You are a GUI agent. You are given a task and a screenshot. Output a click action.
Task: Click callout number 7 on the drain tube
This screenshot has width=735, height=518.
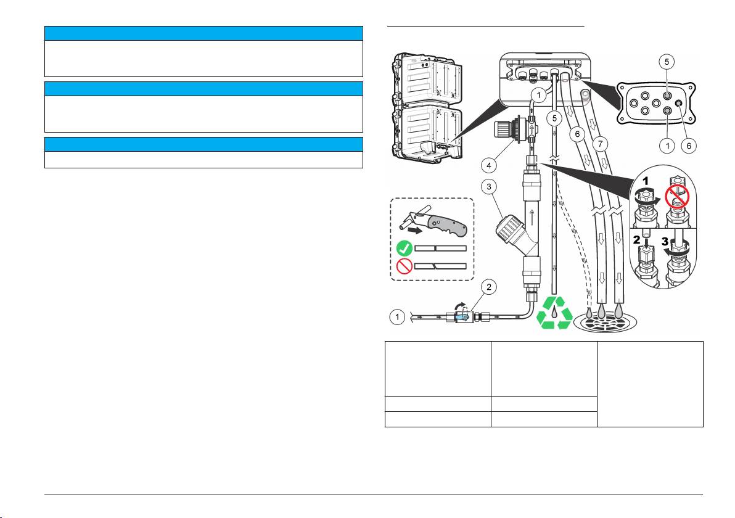point(601,144)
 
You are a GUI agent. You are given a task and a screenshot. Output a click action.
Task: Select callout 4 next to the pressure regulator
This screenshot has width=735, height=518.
point(489,165)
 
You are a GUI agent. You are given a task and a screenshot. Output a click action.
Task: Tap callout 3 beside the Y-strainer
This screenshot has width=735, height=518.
point(489,187)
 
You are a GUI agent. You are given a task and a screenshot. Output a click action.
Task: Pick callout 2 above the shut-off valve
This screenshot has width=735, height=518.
point(489,287)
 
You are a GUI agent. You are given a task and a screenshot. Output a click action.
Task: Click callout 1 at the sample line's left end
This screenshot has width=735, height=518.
point(398,317)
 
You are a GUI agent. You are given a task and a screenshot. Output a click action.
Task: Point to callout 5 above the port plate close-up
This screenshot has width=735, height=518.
point(667,62)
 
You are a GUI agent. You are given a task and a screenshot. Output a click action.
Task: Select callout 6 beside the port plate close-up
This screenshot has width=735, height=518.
point(689,146)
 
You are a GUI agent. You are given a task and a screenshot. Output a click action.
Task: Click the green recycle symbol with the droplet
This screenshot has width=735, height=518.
point(555,312)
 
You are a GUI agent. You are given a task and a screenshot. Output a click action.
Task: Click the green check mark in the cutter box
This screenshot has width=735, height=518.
point(404,249)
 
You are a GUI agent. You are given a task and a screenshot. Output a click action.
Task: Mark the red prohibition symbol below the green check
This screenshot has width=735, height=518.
point(404,266)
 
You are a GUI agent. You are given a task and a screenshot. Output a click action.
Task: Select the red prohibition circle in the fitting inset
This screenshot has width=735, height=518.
point(677,196)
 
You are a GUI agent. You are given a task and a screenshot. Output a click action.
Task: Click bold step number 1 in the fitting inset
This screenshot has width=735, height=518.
point(645,181)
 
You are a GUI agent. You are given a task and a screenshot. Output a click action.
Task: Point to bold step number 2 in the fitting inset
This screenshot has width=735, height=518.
point(636,239)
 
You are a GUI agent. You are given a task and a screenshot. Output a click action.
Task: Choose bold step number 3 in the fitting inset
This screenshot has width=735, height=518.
point(665,242)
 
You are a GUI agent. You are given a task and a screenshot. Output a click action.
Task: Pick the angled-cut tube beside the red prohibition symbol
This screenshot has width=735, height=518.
point(441,266)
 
